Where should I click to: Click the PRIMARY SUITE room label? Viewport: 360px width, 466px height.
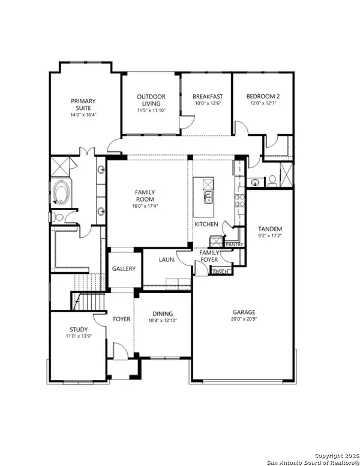click(83, 104)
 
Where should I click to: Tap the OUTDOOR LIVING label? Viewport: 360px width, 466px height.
click(151, 100)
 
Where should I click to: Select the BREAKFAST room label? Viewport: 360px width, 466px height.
click(208, 96)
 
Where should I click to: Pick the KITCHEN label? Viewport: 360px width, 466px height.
click(206, 224)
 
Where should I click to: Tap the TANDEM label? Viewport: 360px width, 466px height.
click(270, 229)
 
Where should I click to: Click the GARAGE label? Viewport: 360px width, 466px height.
click(244, 312)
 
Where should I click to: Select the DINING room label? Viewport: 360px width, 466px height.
click(163, 313)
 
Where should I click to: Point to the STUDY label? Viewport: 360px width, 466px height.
click(79, 329)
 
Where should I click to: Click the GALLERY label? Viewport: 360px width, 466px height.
click(124, 268)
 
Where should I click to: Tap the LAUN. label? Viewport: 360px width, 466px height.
click(166, 260)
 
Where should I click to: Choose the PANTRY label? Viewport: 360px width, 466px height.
click(233, 244)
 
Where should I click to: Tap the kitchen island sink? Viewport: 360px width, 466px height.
click(208, 198)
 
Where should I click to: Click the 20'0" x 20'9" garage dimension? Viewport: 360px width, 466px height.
click(244, 320)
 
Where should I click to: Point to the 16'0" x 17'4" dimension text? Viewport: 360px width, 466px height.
click(146, 206)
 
